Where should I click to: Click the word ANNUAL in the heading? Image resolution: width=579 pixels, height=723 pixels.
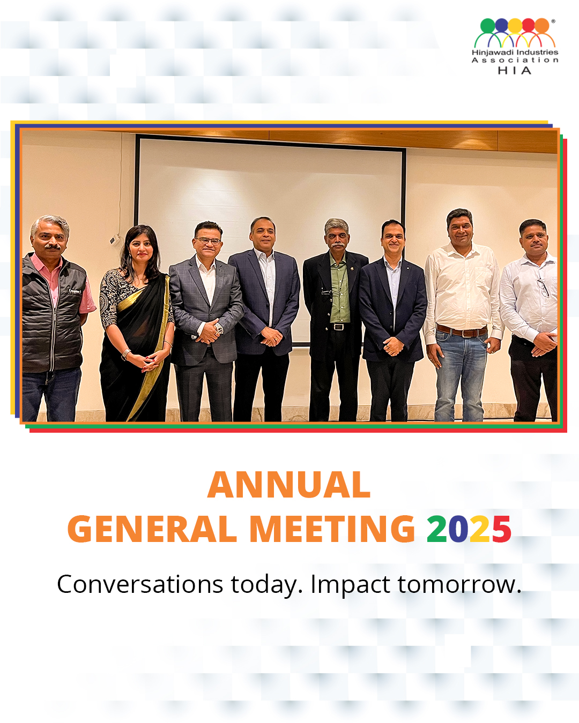pyautogui.click(x=288, y=485)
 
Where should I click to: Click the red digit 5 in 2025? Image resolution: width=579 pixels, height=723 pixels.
pyautogui.click(x=502, y=529)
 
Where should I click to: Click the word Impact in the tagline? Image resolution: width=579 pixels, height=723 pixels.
pyautogui.click(x=350, y=585)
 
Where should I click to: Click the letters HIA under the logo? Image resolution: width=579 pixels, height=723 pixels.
pyautogui.click(x=515, y=70)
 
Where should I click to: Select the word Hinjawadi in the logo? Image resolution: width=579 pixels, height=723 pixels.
pyautogui.click(x=492, y=52)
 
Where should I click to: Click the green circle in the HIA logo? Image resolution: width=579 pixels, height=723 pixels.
pyautogui.click(x=487, y=25)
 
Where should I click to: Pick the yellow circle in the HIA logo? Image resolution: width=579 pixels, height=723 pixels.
pyautogui.click(x=515, y=25)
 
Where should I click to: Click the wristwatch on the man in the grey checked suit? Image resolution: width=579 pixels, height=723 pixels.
pyautogui.click(x=219, y=328)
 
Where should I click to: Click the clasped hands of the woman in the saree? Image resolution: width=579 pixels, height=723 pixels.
pyautogui.click(x=150, y=361)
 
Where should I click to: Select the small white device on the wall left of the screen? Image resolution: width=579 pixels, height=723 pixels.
pyautogui.click(x=115, y=239)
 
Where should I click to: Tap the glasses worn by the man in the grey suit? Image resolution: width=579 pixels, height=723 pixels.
pyautogui.click(x=208, y=240)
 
